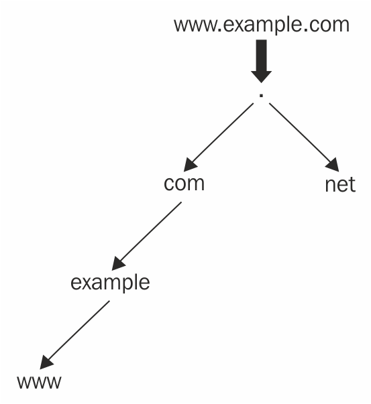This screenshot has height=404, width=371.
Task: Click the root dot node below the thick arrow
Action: (x=261, y=96)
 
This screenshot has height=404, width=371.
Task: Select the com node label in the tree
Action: (x=184, y=184)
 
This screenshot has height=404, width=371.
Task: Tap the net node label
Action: (x=340, y=185)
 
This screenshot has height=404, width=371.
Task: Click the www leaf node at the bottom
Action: (x=39, y=382)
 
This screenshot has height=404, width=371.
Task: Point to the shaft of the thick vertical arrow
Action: (x=262, y=55)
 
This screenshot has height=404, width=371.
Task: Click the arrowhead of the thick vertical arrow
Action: (x=262, y=76)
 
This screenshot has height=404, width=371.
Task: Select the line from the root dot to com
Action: (x=219, y=137)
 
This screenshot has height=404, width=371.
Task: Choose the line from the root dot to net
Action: (x=304, y=137)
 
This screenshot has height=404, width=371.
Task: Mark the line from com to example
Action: (x=146, y=236)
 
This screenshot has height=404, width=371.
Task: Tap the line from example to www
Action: (x=74, y=335)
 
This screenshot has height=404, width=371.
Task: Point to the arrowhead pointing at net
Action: (x=333, y=165)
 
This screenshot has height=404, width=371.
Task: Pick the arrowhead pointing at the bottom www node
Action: (x=46, y=362)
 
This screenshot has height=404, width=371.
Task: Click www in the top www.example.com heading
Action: (x=195, y=25)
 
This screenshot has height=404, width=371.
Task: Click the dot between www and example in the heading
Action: (x=220, y=30)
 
